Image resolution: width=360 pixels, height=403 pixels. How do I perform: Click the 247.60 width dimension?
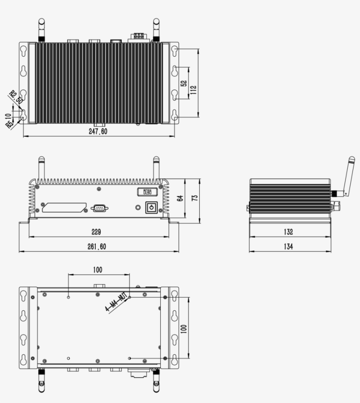tap(98, 131)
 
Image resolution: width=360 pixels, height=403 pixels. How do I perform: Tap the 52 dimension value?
tap(184, 83)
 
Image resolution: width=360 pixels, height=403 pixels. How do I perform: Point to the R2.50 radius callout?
tap(16, 97)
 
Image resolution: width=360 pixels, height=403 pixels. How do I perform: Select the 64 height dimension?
tap(180, 198)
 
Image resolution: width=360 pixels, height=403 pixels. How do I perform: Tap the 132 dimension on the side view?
tap(288, 232)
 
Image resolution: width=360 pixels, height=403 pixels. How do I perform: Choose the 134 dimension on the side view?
tap(288, 247)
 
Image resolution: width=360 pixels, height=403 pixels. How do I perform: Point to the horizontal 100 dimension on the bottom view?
tap(98, 269)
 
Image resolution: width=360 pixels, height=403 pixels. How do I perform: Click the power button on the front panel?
tap(151, 207)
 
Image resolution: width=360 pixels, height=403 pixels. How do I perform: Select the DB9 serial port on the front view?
tap(100, 208)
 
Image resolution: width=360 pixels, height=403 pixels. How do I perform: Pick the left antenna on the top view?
tap(41, 29)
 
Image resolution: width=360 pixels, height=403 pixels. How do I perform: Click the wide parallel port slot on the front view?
tap(64, 207)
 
